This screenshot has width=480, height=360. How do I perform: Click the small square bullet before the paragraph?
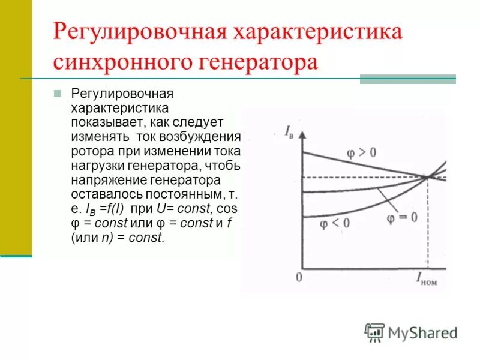[x=58, y=94]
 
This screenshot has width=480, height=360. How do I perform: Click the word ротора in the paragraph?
[x=90, y=151]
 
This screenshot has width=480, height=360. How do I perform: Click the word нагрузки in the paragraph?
[x=96, y=165]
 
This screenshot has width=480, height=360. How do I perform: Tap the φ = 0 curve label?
[x=401, y=217]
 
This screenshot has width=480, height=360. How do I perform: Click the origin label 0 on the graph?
[x=299, y=277]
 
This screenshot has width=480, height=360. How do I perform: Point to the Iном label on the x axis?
[x=427, y=278]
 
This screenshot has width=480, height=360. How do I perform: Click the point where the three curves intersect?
[x=428, y=176]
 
